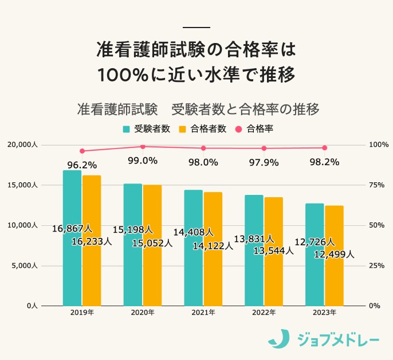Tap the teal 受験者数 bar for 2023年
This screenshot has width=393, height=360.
pos(314,275)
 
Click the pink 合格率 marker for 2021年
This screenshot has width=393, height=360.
pos(203,148)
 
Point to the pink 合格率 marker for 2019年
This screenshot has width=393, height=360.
pos(82,151)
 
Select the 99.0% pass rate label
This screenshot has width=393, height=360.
pos(143,161)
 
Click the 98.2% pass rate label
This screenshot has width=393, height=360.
pos(324,162)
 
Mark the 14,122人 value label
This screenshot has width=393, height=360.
pos(213,246)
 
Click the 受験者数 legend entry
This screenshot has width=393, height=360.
pos(146,128)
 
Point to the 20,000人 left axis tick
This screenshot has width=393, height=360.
pos(22,145)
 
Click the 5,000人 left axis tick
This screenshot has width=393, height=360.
pos(24,265)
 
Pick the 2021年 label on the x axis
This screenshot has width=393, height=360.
pos(203,312)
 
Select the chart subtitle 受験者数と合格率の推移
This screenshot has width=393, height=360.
pos(245,109)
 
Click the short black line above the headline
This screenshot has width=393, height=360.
pos(196,28)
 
